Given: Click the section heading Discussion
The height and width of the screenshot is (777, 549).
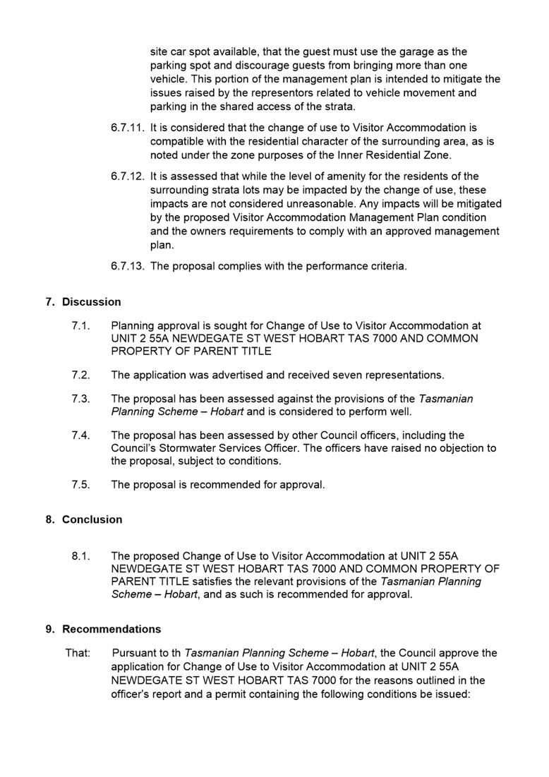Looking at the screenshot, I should [x=91, y=302].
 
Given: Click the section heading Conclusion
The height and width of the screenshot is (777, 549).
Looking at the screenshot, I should [x=92, y=519].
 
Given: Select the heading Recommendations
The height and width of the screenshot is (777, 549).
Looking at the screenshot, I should [x=111, y=629].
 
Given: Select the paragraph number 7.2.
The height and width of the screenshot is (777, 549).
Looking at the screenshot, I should [x=80, y=375].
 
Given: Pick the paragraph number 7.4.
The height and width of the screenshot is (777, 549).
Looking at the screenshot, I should [x=80, y=435].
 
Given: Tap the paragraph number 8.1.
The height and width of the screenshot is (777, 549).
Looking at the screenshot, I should [x=80, y=555].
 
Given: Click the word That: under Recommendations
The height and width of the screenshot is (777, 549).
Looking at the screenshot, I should [x=78, y=653].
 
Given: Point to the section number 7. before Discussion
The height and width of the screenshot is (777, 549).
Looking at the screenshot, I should [x=50, y=302].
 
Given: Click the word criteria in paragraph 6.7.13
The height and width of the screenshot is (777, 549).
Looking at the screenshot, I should [x=388, y=266].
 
